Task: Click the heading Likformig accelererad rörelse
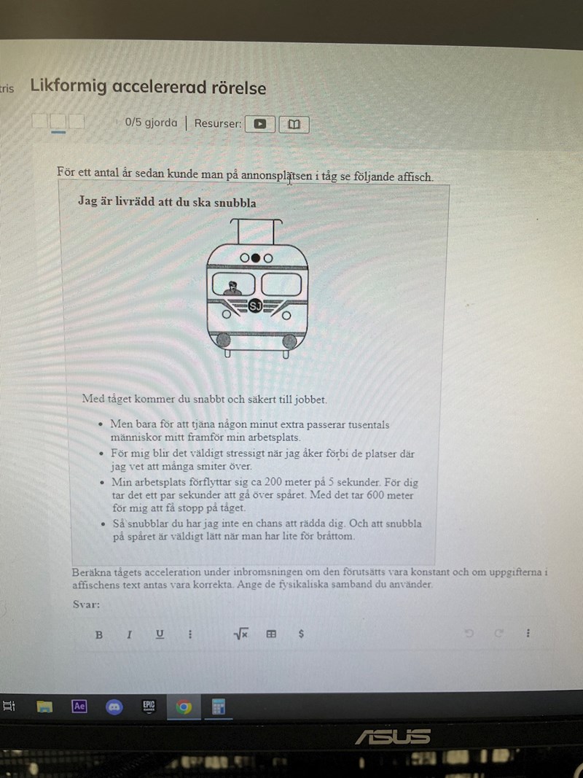[x=148, y=87]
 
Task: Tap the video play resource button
[x=259, y=124]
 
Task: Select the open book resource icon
[x=294, y=125]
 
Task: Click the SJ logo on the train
[x=255, y=306]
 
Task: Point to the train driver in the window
[x=232, y=289]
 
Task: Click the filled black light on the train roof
[x=255, y=258]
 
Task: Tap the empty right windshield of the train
[x=281, y=284]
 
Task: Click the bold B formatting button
[x=99, y=634]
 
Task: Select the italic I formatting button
[x=130, y=634]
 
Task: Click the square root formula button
[x=241, y=634]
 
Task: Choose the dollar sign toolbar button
[x=301, y=634]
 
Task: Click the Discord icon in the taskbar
[x=114, y=707]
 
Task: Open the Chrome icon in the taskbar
[x=184, y=707]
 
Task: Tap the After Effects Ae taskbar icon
[x=79, y=706]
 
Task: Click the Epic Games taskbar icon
[x=149, y=706]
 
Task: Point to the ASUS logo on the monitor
[x=393, y=737]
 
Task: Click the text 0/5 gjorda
[x=151, y=122]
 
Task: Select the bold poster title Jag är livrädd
[x=167, y=202]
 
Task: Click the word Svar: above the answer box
[x=86, y=604]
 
